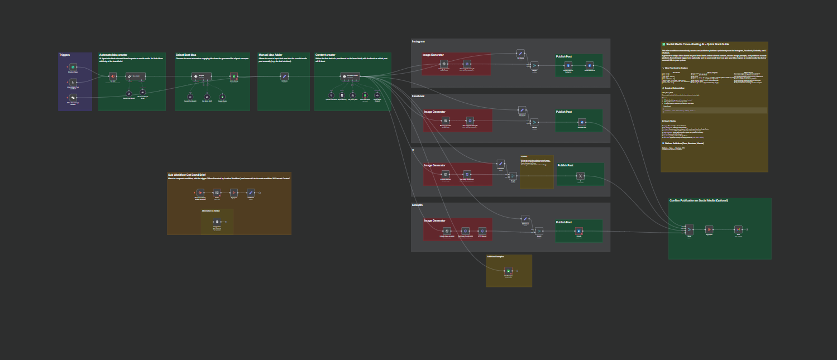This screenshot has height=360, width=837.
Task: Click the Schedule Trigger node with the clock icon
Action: coord(73,67)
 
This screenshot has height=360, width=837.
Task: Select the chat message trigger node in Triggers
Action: coord(73,98)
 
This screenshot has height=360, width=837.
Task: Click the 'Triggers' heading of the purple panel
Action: coord(65,55)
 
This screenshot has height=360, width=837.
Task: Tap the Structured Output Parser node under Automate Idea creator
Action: coord(142,92)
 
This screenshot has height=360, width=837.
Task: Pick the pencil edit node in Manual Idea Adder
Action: coord(284,76)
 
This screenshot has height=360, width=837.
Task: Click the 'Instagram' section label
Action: coord(419,42)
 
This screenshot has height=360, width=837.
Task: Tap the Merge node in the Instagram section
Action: coord(534,65)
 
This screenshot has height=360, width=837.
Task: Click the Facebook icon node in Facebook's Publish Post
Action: coord(581,122)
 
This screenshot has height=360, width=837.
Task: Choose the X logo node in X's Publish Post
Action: coord(580,176)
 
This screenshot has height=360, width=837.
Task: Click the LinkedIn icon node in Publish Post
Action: coord(579,231)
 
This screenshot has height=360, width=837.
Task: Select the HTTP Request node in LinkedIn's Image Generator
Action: coord(482,231)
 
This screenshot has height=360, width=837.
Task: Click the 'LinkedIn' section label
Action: coord(418,205)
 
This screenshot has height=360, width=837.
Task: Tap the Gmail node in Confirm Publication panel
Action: coord(738,229)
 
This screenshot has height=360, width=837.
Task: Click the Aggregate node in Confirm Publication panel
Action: coord(709,229)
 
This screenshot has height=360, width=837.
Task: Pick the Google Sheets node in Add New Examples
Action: coord(508,271)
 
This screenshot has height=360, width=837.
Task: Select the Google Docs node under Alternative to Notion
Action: coord(217,222)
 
